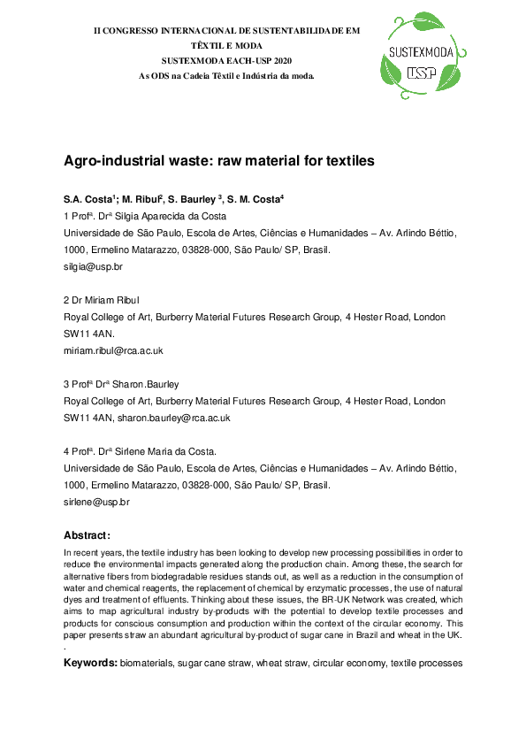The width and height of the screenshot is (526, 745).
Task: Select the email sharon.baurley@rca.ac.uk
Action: tap(181, 418)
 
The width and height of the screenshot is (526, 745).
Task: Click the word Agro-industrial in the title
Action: tap(108, 162)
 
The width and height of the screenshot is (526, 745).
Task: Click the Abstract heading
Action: tap(87, 535)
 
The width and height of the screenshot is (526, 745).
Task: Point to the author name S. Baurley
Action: tap(190, 199)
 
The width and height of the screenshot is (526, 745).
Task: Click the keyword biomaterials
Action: tap(149, 663)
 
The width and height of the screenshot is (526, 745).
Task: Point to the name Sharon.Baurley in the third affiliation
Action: tap(149, 384)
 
